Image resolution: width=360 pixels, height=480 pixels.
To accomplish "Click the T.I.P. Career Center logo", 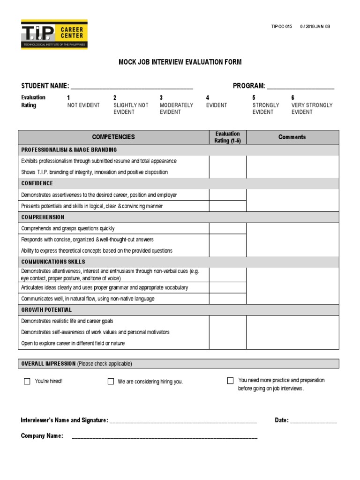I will [x=54, y=34].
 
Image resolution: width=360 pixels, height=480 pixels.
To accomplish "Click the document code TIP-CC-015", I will [x=281, y=27].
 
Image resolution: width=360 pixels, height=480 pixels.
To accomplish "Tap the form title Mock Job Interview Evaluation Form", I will [x=180, y=62].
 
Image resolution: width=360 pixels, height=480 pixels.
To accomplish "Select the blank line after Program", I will [x=300, y=87].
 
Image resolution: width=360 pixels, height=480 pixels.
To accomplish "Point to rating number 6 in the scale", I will [x=293, y=97].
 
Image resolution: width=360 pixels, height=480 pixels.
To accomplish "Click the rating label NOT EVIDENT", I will [x=83, y=105].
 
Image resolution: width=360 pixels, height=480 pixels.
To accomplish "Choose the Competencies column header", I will [x=113, y=137].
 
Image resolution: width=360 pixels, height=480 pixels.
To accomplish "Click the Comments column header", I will [x=292, y=137].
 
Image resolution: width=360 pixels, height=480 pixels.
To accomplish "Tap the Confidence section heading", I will [x=37, y=183].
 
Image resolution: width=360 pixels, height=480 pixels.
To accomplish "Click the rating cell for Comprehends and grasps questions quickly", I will [x=227, y=228].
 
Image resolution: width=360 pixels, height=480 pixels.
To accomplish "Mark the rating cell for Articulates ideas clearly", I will [x=227, y=287].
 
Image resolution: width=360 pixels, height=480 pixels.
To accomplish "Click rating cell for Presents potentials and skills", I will [x=227, y=206].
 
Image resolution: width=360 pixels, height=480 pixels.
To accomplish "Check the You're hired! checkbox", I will [x=27, y=381].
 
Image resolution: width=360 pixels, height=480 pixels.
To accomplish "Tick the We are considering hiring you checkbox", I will [x=111, y=381].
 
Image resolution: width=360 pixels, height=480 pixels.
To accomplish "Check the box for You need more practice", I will [x=230, y=380].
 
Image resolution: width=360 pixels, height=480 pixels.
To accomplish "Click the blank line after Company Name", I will [x=164, y=437].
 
